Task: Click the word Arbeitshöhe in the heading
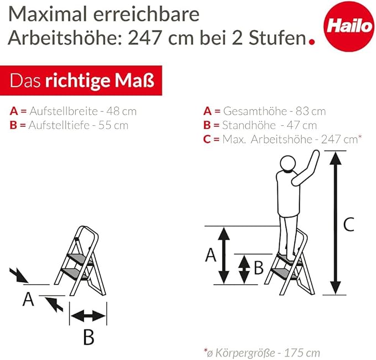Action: (x=64, y=38)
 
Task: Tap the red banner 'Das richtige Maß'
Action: (x=81, y=81)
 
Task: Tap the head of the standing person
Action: (x=288, y=164)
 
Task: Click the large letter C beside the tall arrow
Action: (x=348, y=224)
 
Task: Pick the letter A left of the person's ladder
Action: (x=210, y=255)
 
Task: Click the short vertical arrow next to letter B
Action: (x=244, y=268)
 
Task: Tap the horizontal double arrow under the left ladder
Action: (x=88, y=316)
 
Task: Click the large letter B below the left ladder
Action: (x=89, y=337)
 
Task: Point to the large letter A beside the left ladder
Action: (x=28, y=300)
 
